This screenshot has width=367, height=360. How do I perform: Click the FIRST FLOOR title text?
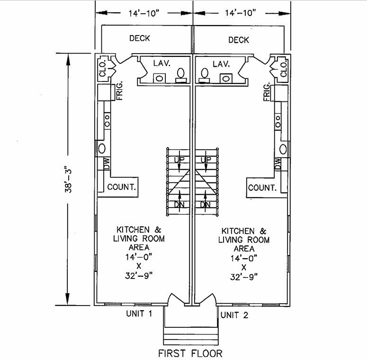coord(190,353)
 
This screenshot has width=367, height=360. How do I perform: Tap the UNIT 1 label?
coord(139,314)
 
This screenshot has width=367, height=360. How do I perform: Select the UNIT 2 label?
coord(234,315)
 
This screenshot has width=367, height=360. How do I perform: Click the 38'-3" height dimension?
coord(68,180)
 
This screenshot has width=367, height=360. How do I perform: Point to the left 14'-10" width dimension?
coord(143,13)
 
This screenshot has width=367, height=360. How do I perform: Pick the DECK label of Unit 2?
coord(239,40)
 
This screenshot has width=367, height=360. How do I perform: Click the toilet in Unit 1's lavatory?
coord(181,76)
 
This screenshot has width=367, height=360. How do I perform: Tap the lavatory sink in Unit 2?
coord(226,79)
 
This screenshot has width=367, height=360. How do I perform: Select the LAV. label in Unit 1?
coord(162,63)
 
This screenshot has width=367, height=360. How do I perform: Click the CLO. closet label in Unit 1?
coord(103,68)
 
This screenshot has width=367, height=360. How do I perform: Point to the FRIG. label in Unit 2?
coord(267,91)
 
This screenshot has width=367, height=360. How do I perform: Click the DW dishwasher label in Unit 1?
coord(107,163)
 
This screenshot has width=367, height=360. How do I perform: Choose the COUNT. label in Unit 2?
coord(262,188)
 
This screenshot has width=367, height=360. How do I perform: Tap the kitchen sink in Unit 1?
coord(102,148)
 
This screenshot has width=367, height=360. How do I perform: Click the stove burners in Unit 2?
coord(278,121)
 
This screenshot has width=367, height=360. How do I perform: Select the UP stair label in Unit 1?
coord(179,160)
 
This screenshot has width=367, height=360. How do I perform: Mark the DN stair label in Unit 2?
coord(205,205)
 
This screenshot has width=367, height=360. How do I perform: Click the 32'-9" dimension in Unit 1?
coord(139,276)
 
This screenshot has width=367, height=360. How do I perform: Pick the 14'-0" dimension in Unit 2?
coord(244,259)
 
